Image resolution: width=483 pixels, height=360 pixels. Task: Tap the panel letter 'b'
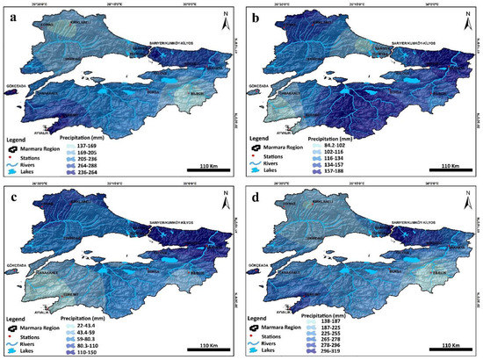pos(255,14)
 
